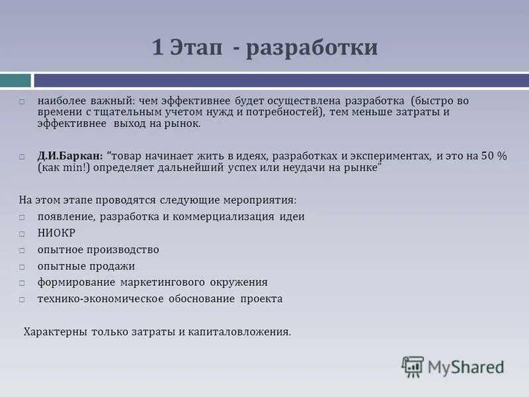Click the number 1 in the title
[x=157, y=48]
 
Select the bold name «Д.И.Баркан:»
[x=70, y=155]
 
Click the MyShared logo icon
[x=413, y=367]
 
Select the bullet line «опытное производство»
[x=98, y=249]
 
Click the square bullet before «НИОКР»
[x=22, y=234]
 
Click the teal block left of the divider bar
[x=15, y=80]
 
